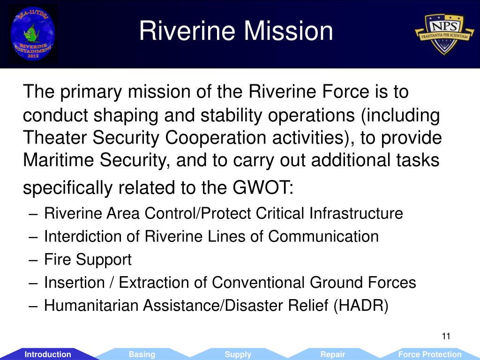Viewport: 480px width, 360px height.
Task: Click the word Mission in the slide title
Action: coord(288,31)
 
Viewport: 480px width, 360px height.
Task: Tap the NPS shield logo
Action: coord(444,34)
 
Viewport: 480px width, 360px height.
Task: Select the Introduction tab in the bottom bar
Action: coord(48,354)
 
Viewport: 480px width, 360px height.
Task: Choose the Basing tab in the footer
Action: coord(142,354)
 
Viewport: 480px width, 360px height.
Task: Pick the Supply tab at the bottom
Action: coord(238,354)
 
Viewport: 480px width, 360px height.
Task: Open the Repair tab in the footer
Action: coord(332,354)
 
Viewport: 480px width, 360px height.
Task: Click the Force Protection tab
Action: coord(430,354)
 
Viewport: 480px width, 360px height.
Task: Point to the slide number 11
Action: coord(446,336)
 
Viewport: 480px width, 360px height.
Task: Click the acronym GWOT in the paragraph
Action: coord(262,187)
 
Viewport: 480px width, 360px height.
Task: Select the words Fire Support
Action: coord(88,260)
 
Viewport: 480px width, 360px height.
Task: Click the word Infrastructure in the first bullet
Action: coord(356,213)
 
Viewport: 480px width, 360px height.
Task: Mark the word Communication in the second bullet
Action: coord(323,236)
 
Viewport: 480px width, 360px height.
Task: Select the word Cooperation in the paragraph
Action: coord(216,138)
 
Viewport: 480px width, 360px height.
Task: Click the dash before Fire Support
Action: coord(33,260)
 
